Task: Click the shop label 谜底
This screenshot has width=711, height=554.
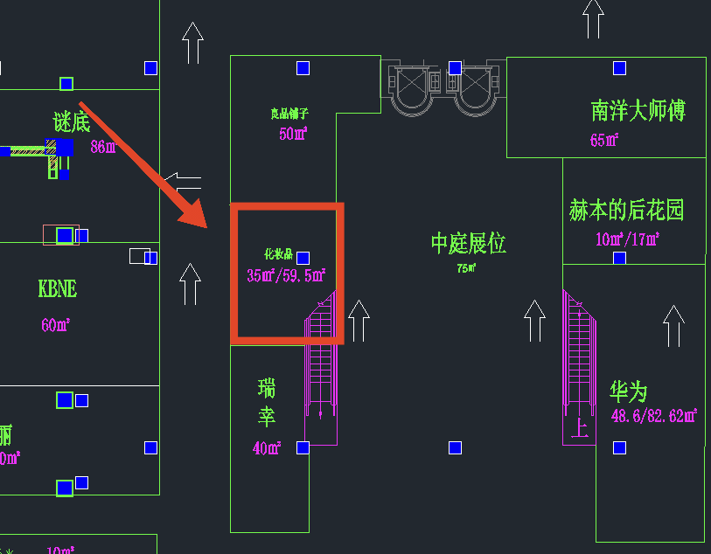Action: [72, 122]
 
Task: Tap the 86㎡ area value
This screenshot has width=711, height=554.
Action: [103, 147]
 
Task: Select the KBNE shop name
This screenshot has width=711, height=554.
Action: [57, 288]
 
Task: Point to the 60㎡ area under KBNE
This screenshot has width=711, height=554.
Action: [55, 325]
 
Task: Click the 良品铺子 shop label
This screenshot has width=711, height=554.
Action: [289, 114]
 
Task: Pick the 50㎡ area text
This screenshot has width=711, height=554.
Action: [293, 134]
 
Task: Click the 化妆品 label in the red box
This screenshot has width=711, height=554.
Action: [277, 255]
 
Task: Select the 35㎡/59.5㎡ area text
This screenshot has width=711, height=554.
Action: [286, 276]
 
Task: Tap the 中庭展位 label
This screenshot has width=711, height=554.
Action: [468, 243]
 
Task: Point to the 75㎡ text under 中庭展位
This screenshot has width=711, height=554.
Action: [465, 268]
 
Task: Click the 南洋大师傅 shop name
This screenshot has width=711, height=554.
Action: [638, 111]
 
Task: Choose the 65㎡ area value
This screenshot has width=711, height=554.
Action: [604, 140]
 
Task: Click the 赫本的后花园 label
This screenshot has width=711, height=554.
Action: [626, 210]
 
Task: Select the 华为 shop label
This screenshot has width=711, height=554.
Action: [629, 391]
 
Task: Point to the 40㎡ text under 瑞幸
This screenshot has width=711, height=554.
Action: [266, 448]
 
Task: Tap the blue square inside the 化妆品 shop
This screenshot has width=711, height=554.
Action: [303, 258]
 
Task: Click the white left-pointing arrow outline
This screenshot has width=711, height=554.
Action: [183, 183]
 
